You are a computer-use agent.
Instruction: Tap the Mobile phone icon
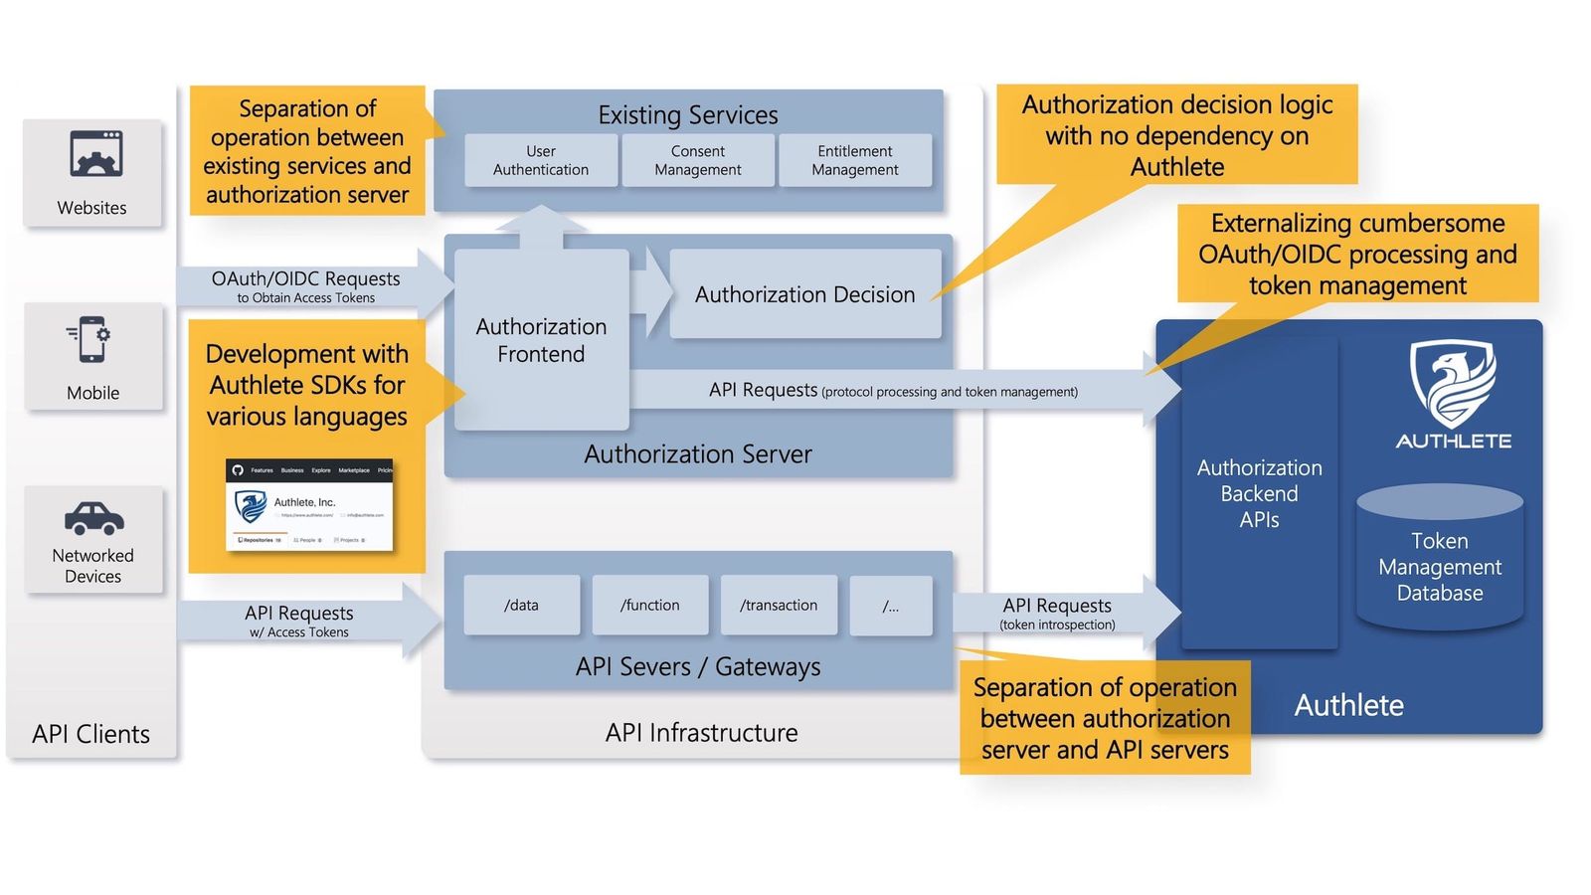pos(91,340)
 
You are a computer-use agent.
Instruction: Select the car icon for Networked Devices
pos(93,517)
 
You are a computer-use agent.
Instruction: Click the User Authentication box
pos(541,160)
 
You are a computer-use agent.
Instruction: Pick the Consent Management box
pos(698,160)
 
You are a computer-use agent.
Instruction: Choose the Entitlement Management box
pos(855,160)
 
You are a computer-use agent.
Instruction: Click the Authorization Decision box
pos(804,294)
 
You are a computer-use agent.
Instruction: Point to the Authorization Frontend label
pos(541,340)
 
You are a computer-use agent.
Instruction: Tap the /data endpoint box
pos(521,605)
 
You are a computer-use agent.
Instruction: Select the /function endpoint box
pos(649,605)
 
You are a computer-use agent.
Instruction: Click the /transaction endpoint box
pos(779,605)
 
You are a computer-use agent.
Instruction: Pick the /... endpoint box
pos(891,606)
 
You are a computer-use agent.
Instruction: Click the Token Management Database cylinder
pos(1440,562)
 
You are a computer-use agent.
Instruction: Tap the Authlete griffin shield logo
pos(1453,383)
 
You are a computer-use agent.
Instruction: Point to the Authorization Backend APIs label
pos(1259,493)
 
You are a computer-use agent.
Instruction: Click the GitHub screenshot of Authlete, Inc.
pos(309,505)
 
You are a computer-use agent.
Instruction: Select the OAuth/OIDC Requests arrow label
pos(305,285)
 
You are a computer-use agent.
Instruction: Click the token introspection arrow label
pos(1057,614)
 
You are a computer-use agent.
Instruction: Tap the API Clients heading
pos(91,734)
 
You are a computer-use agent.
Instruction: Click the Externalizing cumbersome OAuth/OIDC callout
pos(1357,254)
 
